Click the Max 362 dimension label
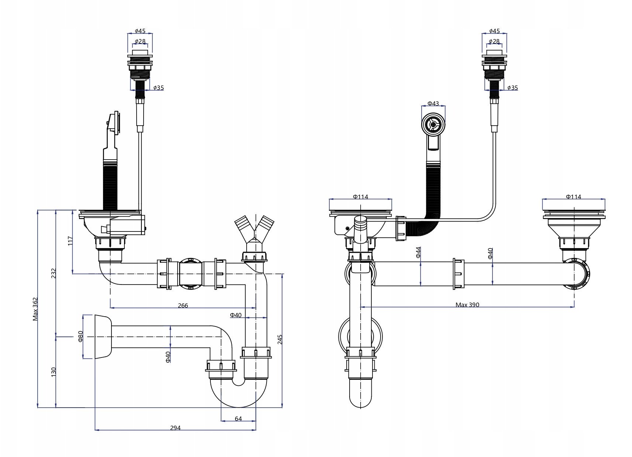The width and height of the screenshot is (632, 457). point(35,309)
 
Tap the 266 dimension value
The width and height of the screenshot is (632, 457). point(183,306)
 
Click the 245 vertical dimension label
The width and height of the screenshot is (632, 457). point(280,339)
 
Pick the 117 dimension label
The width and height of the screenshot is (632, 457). point(70,241)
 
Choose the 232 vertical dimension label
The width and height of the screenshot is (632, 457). point(54,273)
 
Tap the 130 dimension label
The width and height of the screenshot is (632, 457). point(54,372)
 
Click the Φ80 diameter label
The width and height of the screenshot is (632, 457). point(80,337)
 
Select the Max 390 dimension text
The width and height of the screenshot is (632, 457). point(467,305)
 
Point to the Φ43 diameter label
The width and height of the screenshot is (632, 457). point(433,104)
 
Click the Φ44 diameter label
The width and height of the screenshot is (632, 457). point(418,252)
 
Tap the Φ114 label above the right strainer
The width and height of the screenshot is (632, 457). point(573,197)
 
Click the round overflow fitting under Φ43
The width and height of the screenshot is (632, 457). point(433,125)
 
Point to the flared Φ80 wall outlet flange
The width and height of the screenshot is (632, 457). point(103,337)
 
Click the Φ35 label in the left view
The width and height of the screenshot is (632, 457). point(159,88)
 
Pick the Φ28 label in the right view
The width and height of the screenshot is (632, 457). point(494,41)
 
